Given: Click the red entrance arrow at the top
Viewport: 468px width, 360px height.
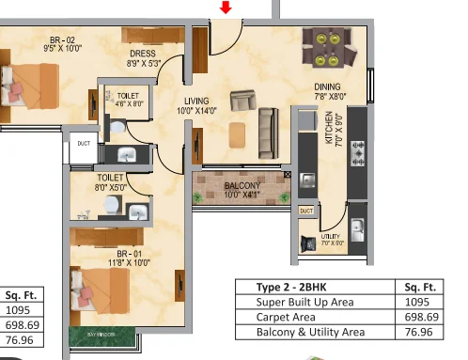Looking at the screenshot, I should click(x=225, y=8).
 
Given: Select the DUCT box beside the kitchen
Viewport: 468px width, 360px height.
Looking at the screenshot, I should click(x=306, y=211).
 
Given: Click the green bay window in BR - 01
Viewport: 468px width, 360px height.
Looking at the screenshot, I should click(x=103, y=336).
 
